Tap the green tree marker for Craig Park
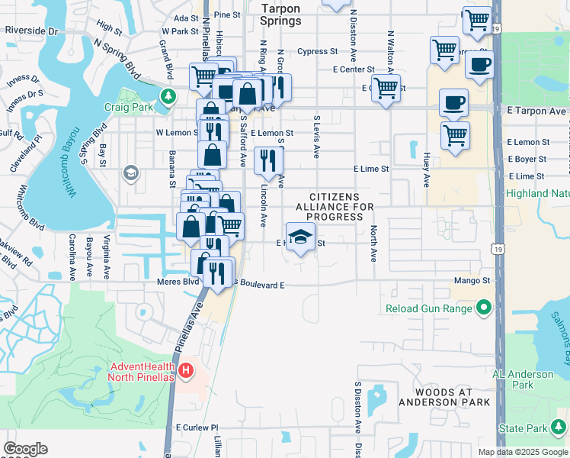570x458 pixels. tap(168, 96)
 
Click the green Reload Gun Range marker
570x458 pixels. tap(483, 308)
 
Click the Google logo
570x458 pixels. tap(25, 449)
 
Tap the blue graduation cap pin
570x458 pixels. tap(300, 237)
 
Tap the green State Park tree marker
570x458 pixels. tap(560, 425)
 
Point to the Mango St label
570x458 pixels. tap(475, 281)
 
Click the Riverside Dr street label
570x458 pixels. tap(31, 31)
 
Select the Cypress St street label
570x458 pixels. tap(318, 52)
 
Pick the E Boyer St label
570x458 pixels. tap(528, 159)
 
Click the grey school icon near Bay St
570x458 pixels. tap(131, 173)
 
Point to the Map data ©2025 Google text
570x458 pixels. tap(523, 452)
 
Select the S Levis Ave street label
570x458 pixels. tap(317, 138)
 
